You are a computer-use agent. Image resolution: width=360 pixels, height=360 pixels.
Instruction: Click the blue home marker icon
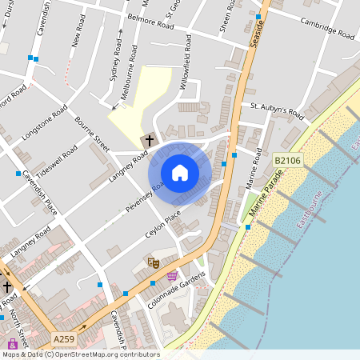[x=179, y=173]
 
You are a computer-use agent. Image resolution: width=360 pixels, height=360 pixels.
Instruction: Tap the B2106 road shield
[x=288, y=161]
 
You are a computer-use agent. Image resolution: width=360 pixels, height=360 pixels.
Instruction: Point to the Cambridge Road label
[x=328, y=30]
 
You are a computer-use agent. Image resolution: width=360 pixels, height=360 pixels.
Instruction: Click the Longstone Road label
[x=43, y=124]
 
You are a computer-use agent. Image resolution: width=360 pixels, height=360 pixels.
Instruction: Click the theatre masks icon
[x=154, y=262]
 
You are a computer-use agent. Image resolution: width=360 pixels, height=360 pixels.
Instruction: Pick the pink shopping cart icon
[x=172, y=275]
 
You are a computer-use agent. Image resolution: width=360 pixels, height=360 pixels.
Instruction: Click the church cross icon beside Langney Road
[x=148, y=141]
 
